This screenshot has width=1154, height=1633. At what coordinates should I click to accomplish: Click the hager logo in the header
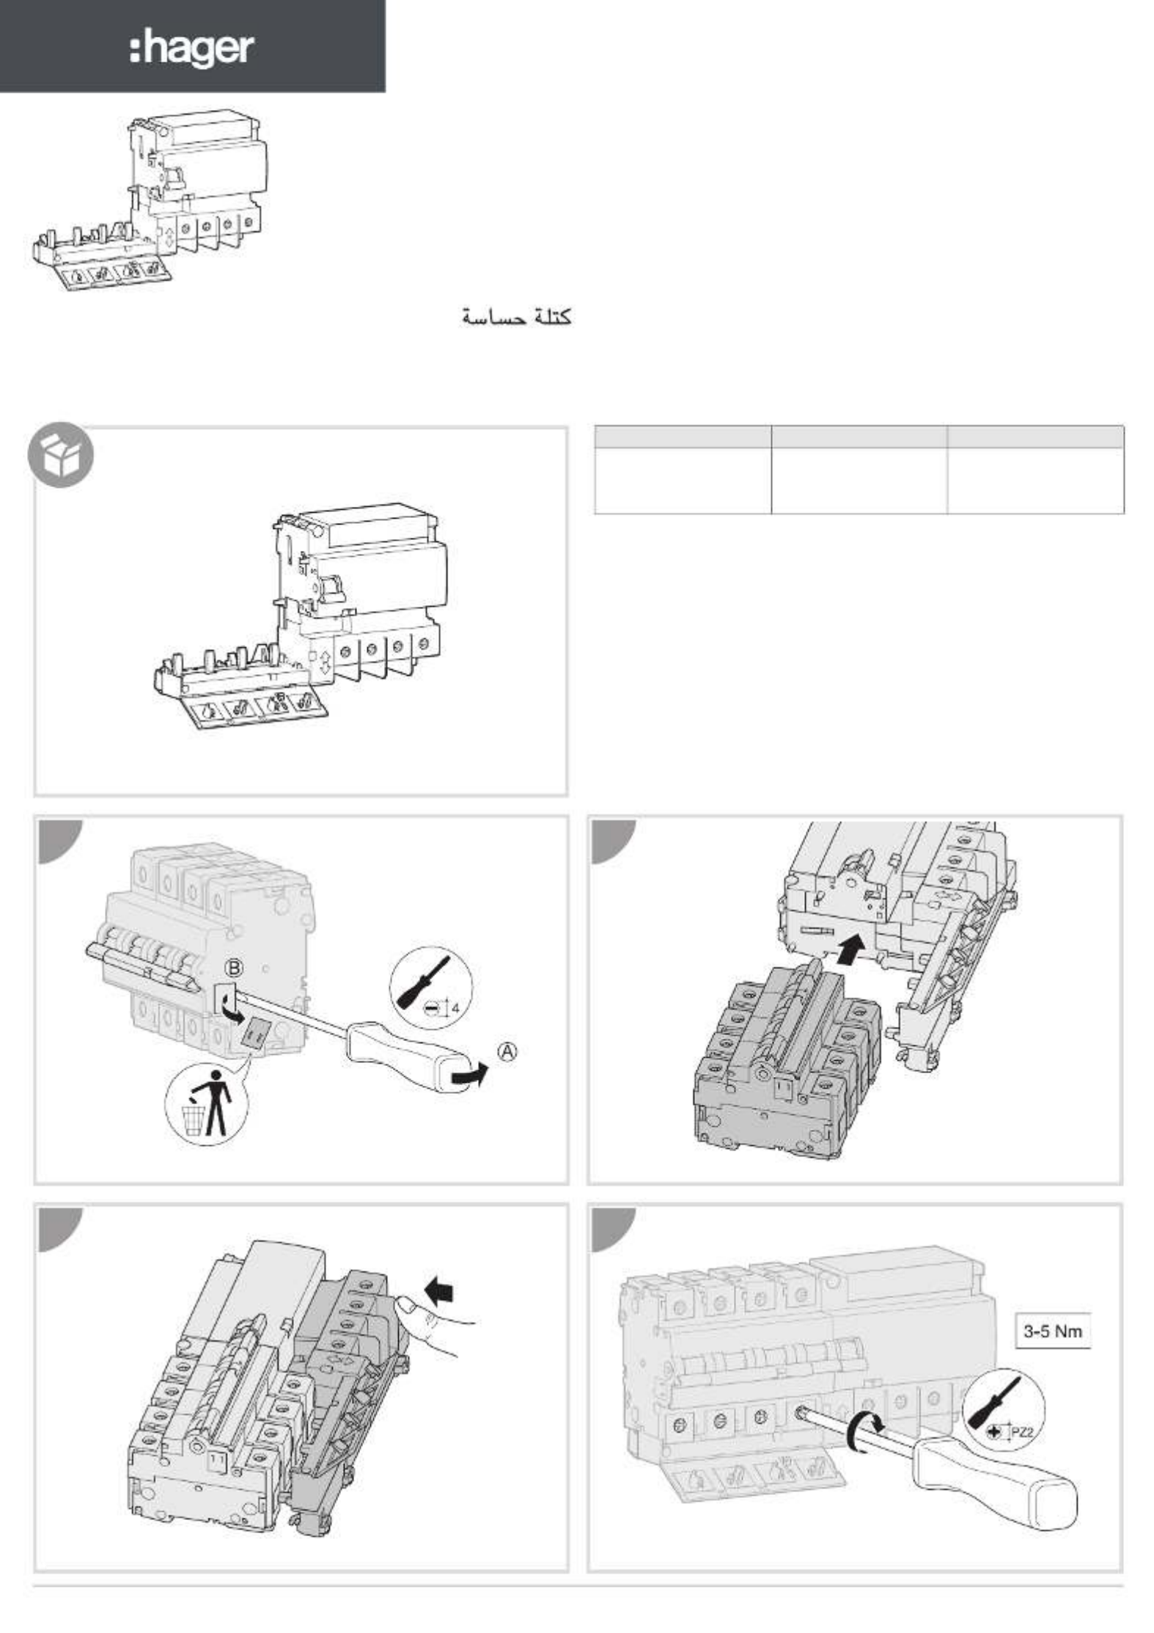(x=192, y=49)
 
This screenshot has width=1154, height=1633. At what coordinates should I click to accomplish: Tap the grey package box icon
(x=61, y=455)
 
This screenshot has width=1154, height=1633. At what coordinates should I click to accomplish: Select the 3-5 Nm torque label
(x=1052, y=1331)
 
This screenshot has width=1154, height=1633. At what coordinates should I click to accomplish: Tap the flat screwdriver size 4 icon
(x=431, y=987)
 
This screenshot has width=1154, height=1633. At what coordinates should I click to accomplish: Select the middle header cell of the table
(x=859, y=436)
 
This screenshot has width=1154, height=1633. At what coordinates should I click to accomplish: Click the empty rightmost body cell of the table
(x=1035, y=481)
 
